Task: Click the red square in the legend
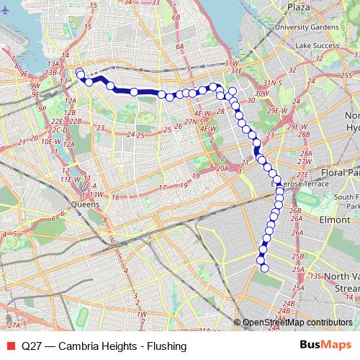pyautogui.click(x=10, y=346)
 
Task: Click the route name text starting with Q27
pyautogui.click(x=104, y=346)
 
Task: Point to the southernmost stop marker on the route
pyautogui.click(x=264, y=269)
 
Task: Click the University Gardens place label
pyautogui.click(x=312, y=27)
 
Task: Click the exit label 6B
pyautogui.click(x=173, y=14)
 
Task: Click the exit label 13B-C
pyautogui.click(x=54, y=73)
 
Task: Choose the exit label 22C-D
pyautogui.click(x=59, y=130)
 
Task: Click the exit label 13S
pyautogui.click(x=314, y=276)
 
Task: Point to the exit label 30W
pyautogui.click(x=261, y=93)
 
